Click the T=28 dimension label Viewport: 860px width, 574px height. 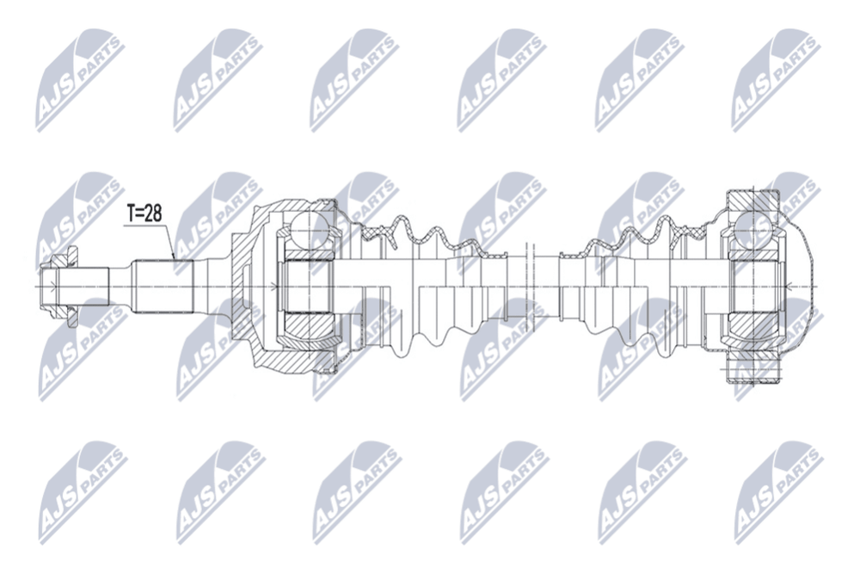click(144, 213)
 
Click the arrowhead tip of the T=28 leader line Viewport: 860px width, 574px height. click(174, 258)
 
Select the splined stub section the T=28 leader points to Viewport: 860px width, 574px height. click(164, 287)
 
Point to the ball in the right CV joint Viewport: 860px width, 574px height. click(755, 228)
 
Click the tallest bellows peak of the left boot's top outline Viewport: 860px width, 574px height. click(402, 219)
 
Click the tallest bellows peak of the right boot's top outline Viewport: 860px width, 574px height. click(664, 219)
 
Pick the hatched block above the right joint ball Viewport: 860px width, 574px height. click(753, 201)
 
